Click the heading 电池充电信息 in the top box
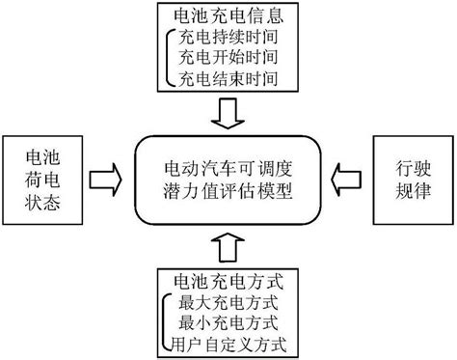pos(228,16)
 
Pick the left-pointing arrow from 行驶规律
pos(345,180)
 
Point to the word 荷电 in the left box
pos(42,179)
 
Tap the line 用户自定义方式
pos(232,342)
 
